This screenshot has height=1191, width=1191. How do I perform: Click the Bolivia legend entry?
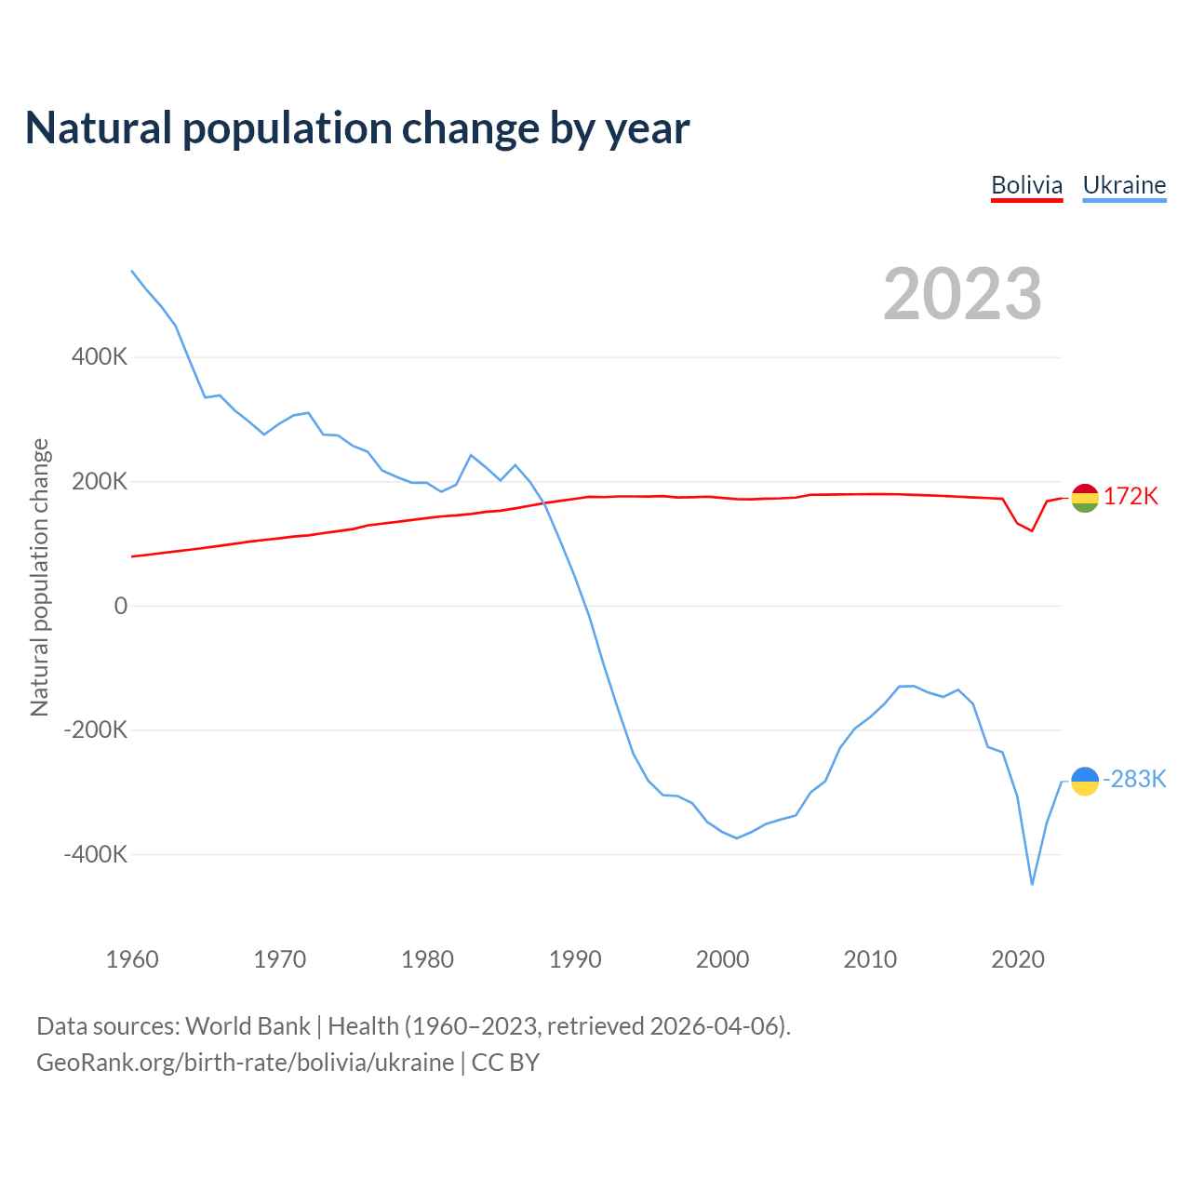pyautogui.click(x=1026, y=185)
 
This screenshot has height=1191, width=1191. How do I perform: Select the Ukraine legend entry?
pyautogui.click(x=1124, y=185)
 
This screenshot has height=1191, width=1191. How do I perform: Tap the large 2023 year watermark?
pyautogui.click(x=962, y=294)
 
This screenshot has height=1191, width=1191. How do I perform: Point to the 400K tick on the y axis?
pyautogui.click(x=100, y=356)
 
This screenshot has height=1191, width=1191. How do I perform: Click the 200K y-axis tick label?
pyautogui.click(x=100, y=481)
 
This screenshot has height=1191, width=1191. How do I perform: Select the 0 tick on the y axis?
pyautogui.click(x=121, y=606)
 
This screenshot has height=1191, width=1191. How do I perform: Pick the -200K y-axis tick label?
pyautogui.click(x=96, y=729)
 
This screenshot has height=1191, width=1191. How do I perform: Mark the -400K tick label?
pyautogui.click(x=96, y=854)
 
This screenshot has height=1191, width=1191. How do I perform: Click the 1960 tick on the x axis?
pyautogui.click(x=132, y=959)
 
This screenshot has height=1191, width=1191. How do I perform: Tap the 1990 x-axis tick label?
pyautogui.click(x=575, y=959)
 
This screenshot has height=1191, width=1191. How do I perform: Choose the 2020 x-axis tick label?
pyautogui.click(x=1018, y=959)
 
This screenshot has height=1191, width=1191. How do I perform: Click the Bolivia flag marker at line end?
pyautogui.click(x=1085, y=498)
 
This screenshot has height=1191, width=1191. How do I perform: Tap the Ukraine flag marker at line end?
pyautogui.click(x=1085, y=782)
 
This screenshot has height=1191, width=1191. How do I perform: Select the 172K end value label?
pyautogui.click(x=1131, y=497)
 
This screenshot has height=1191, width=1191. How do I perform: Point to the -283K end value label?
pyautogui.click(x=1134, y=780)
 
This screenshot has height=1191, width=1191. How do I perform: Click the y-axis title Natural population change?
pyautogui.click(x=39, y=578)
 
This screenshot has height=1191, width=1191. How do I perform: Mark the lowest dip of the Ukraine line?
pyautogui.click(x=1032, y=884)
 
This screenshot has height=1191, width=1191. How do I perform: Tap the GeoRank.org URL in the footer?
pyautogui.click(x=245, y=1063)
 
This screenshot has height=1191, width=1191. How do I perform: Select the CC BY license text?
pyautogui.click(x=505, y=1063)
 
